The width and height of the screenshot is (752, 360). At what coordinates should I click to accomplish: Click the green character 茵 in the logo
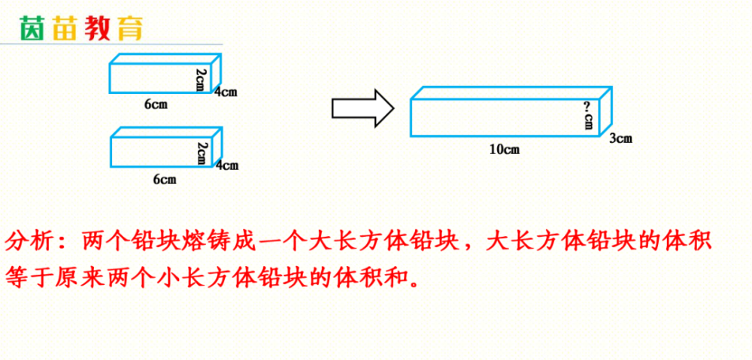32,29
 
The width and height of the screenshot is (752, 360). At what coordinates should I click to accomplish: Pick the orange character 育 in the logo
129,29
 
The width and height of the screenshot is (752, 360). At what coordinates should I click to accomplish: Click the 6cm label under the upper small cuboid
156,104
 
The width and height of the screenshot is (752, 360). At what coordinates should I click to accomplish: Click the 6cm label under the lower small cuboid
165,180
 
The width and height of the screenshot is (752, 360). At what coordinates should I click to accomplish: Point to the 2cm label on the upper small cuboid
202,80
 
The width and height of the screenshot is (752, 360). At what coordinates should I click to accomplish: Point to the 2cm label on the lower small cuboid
202,153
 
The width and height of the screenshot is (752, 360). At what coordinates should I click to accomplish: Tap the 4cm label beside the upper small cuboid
226,92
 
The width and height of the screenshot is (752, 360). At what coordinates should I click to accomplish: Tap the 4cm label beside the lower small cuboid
227,166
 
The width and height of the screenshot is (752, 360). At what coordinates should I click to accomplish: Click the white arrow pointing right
363,108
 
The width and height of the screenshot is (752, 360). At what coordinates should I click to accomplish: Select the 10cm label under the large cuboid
505,150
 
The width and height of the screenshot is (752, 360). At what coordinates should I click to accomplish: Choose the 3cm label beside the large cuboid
620,138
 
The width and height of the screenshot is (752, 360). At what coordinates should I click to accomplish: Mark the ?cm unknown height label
589,115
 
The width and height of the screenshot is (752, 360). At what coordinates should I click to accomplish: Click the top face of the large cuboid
511,93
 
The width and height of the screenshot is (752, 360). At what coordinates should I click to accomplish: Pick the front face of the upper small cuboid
161,78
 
